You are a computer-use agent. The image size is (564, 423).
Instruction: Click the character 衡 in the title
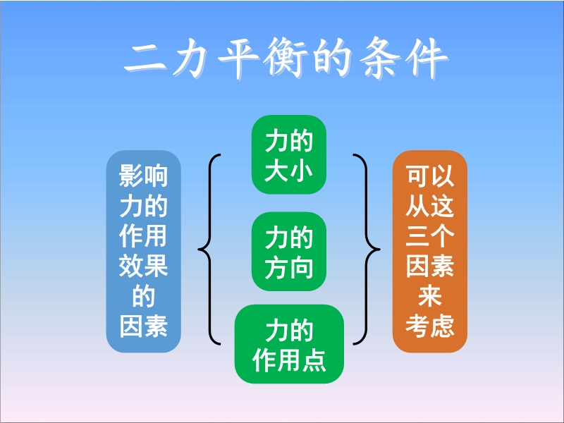pyautogui.click(x=285, y=58)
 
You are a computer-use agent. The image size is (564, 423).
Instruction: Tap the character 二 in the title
pyautogui.click(x=145, y=59)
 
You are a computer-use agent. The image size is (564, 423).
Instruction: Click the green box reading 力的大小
pyautogui.click(x=289, y=154)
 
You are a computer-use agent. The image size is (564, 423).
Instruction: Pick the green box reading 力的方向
pyautogui.click(x=289, y=252)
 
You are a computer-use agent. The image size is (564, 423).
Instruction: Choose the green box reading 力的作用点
pyautogui.click(x=289, y=344)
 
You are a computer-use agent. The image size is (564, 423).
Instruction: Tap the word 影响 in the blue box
pyautogui.click(x=144, y=176)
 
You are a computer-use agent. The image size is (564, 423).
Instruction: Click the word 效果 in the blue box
pyautogui.click(x=144, y=266)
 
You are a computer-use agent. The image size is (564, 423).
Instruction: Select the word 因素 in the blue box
pyautogui.click(x=144, y=326)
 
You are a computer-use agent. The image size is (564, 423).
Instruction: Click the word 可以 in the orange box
pyautogui.click(x=430, y=176)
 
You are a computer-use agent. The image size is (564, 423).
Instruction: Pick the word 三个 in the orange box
pyautogui.click(x=430, y=236)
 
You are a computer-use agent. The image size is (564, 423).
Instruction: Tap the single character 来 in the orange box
pyautogui.click(x=430, y=296)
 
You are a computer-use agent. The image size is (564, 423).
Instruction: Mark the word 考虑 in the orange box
pyautogui.click(x=430, y=326)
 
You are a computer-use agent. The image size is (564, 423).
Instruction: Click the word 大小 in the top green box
pyautogui.click(x=289, y=170)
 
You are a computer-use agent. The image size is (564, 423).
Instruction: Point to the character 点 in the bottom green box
pyautogui.click(x=314, y=360)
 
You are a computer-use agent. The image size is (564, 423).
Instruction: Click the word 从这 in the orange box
pyautogui.click(x=430, y=206)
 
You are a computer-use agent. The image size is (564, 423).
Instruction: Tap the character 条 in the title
pyautogui.click(x=379, y=58)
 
